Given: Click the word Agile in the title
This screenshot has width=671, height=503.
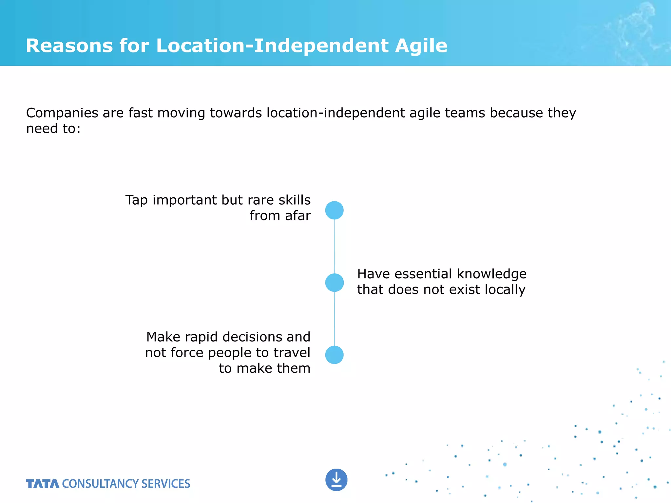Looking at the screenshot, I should [x=421, y=46].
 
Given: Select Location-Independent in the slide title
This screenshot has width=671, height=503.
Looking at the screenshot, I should [x=272, y=46].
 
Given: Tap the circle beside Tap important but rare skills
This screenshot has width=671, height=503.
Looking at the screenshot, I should [x=334, y=210].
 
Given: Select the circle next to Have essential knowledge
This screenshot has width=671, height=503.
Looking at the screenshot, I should [x=334, y=283].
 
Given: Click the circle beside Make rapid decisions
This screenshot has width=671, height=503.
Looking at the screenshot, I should [x=334, y=355].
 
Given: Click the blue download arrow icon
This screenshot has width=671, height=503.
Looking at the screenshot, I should [x=336, y=480].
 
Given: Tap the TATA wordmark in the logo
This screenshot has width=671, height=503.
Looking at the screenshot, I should [x=43, y=484].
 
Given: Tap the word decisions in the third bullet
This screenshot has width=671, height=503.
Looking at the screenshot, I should [x=249, y=337].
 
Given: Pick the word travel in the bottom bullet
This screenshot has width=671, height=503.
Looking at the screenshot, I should [x=292, y=353].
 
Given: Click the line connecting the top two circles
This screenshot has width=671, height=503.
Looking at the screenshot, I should [x=334, y=246].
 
